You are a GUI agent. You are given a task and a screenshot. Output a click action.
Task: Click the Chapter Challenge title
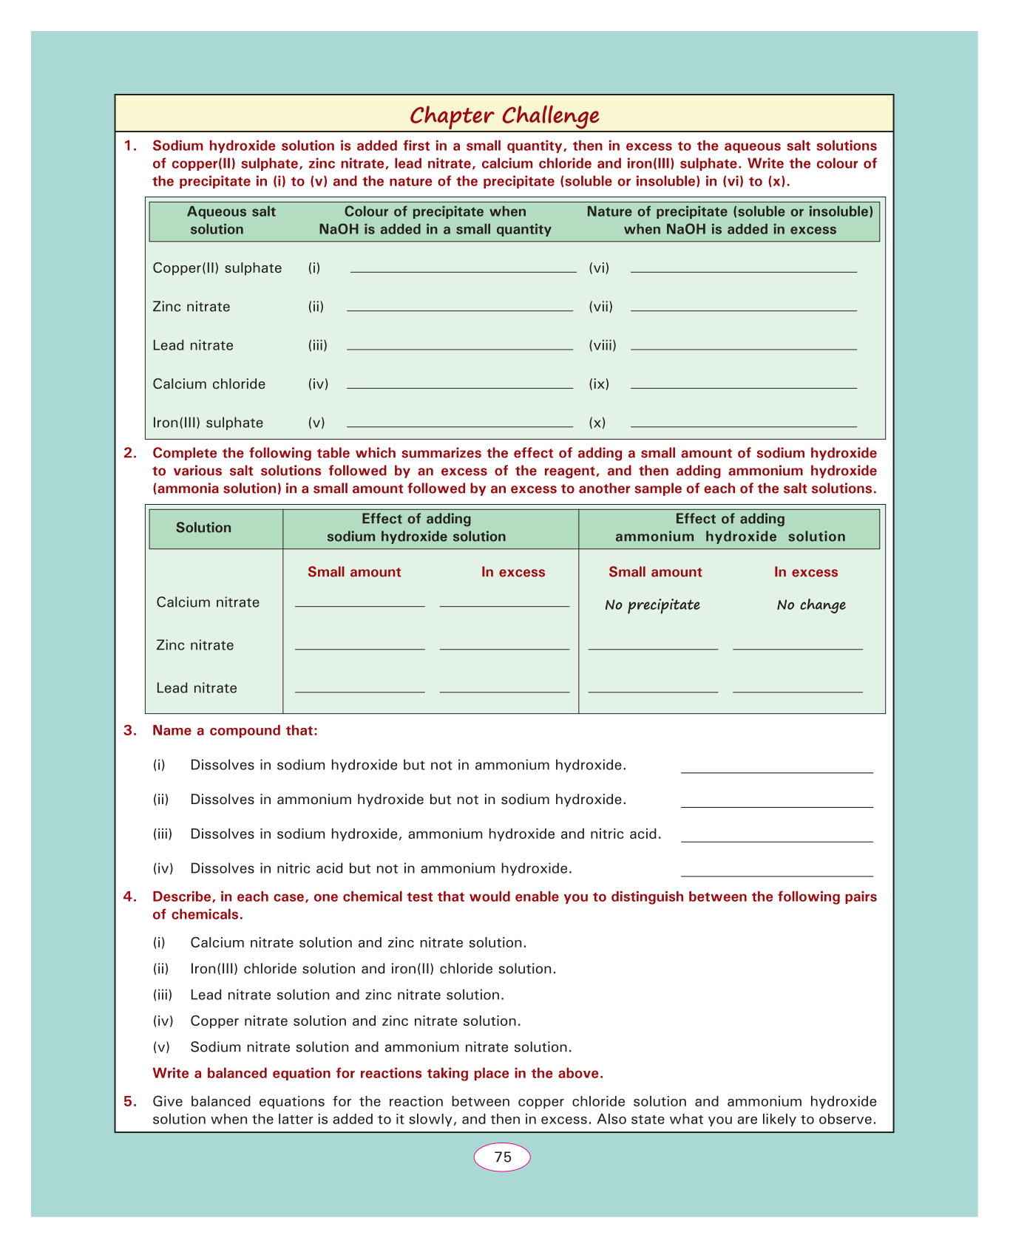click(504, 115)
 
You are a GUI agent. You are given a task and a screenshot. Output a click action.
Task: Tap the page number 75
click(503, 1157)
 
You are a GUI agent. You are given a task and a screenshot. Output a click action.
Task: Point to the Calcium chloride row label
click(209, 384)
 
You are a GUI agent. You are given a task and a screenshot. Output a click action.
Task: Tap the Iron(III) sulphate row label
click(208, 423)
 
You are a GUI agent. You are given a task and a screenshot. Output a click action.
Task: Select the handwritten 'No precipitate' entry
click(652, 605)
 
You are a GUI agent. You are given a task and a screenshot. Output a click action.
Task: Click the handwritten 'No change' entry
click(811, 605)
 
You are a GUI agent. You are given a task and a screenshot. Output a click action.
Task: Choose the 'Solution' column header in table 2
click(203, 528)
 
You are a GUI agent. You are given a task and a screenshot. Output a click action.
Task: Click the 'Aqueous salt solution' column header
click(217, 220)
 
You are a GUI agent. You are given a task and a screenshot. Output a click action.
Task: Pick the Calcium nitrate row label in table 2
click(208, 602)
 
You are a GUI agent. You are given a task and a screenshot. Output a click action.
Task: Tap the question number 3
click(131, 731)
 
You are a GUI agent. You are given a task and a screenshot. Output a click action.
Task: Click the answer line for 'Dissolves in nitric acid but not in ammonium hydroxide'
click(776, 874)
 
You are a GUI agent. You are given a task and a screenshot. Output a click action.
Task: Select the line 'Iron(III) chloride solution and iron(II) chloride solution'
click(373, 969)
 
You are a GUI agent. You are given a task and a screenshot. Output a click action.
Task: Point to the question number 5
click(131, 1101)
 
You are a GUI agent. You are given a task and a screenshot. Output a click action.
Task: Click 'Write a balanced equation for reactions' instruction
click(378, 1073)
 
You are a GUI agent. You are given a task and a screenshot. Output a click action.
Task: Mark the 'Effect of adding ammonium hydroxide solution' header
click(730, 528)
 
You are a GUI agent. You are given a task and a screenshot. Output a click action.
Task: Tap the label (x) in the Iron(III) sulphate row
click(597, 423)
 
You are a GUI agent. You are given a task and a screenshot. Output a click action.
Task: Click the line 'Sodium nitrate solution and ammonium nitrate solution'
click(381, 1047)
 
